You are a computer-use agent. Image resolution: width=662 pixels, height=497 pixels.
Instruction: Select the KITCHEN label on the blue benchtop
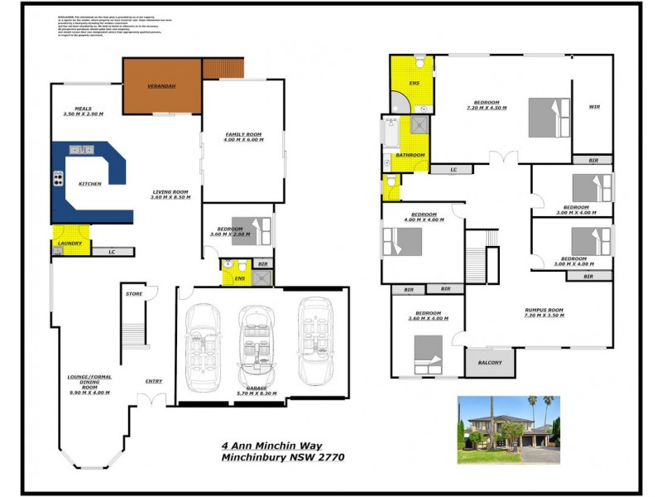[x=89, y=184]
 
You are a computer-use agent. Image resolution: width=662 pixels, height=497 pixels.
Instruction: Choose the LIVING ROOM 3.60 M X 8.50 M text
[x=170, y=195]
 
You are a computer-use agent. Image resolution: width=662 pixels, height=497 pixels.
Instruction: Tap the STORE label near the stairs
[x=133, y=294]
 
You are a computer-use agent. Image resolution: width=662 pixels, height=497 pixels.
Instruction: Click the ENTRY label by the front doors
[x=154, y=381]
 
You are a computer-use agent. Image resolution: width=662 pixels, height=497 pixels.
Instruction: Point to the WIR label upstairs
[x=594, y=106]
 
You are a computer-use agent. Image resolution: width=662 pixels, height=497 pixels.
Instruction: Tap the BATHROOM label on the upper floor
[x=410, y=155]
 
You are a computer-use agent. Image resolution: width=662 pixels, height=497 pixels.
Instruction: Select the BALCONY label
[x=490, y=362]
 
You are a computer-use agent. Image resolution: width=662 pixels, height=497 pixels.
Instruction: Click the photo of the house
[x=508, y=429]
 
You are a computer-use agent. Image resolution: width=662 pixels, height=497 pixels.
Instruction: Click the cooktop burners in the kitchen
[x=59, y=177]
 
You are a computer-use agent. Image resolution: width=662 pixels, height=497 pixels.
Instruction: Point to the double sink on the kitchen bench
[x=83, y=150]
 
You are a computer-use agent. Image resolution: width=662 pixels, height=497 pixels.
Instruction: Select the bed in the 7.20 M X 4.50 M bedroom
[x=549, y=118]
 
